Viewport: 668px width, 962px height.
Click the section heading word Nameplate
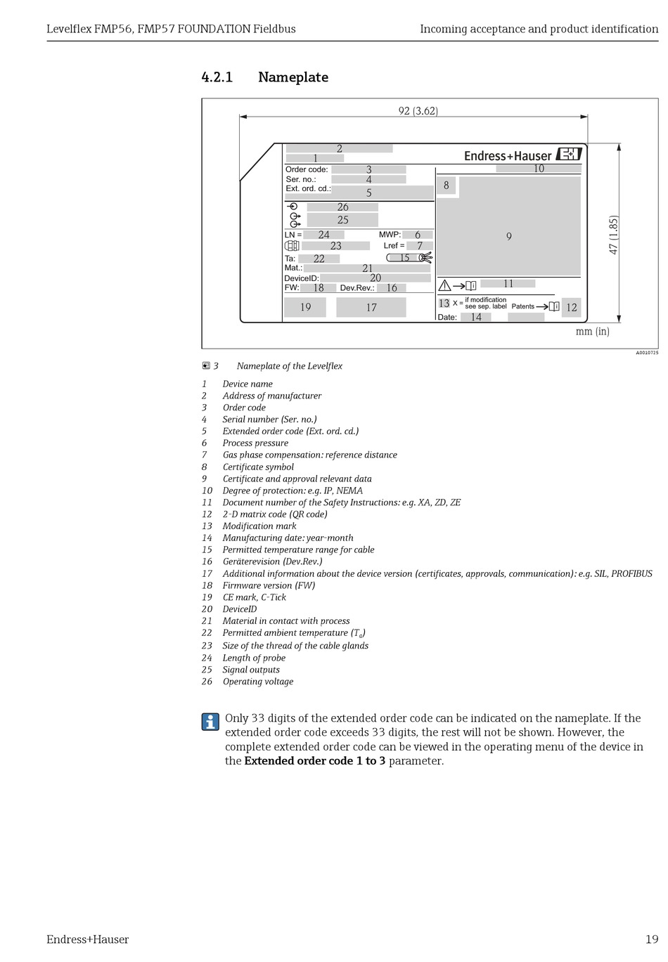[x=293, y=77]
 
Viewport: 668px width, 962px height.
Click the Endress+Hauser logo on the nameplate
[x=522, y=155]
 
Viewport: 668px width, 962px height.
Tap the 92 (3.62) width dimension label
[x=418, y=111]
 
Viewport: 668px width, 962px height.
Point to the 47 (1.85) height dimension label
[x=613, y=235]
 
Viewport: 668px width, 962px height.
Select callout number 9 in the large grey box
[x=508, y=237]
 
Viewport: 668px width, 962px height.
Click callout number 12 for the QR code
[x=571, y=307]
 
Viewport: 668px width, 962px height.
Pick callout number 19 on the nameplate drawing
[x=305, y=307]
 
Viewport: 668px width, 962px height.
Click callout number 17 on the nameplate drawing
[x=371, y=307]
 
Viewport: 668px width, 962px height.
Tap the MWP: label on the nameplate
[x=390, y=235]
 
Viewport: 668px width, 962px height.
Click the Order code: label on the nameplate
[x=307, y=169]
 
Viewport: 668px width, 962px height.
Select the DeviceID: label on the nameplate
[x=302, y=278]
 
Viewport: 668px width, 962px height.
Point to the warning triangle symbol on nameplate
[x=444, y=285]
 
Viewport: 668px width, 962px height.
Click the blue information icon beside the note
[x=210, y=722]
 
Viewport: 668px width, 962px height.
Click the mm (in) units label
[x=592, y=332]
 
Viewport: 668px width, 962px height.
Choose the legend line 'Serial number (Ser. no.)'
[x=269, y=420]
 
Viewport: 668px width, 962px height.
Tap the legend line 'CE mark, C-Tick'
[x=254, y=597]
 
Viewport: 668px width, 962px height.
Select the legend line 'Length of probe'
[x=254, y=658]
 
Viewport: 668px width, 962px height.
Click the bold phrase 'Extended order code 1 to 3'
[x=314, y=761]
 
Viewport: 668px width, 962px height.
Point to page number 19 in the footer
[x=652, y=940]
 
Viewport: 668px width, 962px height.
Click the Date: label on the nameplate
[x=447, y=318]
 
